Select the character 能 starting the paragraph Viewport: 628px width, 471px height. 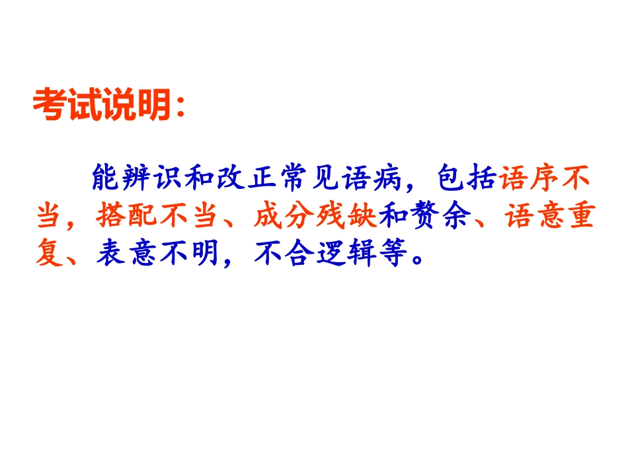[x=107, y=179]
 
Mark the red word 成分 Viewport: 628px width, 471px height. [x=274, y=217]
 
